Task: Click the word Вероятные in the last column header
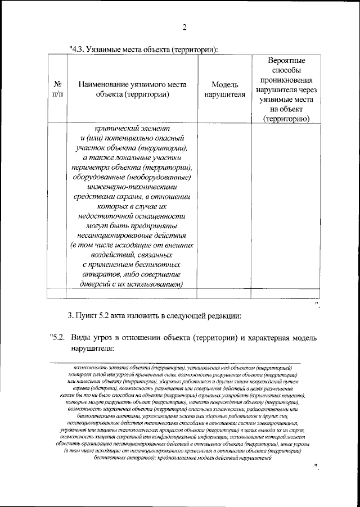pos(287,60)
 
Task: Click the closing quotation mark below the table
pos(318,305)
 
